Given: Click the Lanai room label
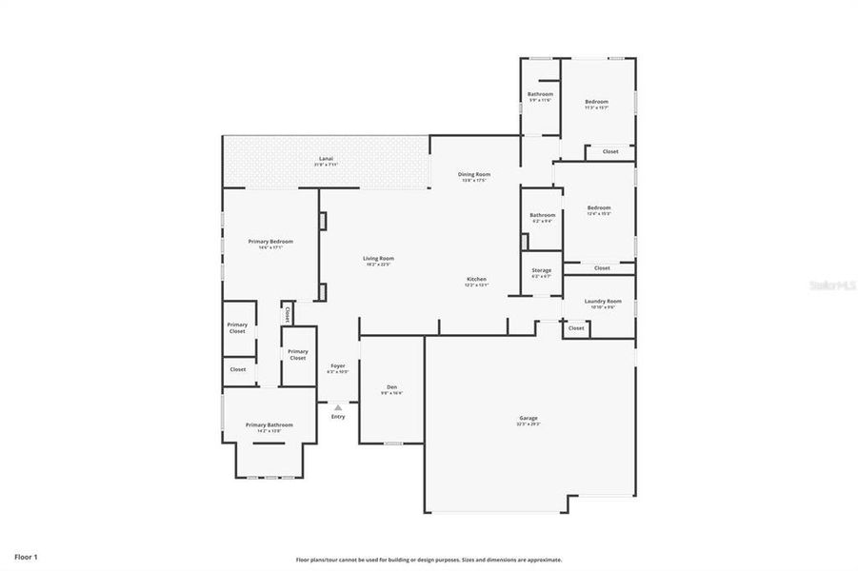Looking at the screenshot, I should [326, 159].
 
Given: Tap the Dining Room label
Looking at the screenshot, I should [473, 175].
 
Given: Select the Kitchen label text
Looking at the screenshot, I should [476, 280].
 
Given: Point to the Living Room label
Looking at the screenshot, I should [378, 259].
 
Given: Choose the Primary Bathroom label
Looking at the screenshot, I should [269, 425].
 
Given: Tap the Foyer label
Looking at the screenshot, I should [338, 366].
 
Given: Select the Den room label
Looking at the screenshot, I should [391, 387].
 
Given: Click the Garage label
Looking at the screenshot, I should [529, 419].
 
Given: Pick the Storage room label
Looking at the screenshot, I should [541, 271].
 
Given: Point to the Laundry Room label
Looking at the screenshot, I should [604, 302].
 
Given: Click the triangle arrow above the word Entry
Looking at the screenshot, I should [337, 407].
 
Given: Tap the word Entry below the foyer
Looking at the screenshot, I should [338, 417].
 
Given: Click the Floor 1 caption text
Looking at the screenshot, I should [26, 556].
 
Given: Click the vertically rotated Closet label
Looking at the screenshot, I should [287, 313].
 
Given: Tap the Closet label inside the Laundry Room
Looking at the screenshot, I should [576, 328].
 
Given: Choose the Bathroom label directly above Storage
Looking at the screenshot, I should [542, 215].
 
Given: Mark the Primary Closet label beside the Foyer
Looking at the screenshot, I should [298, 353].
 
